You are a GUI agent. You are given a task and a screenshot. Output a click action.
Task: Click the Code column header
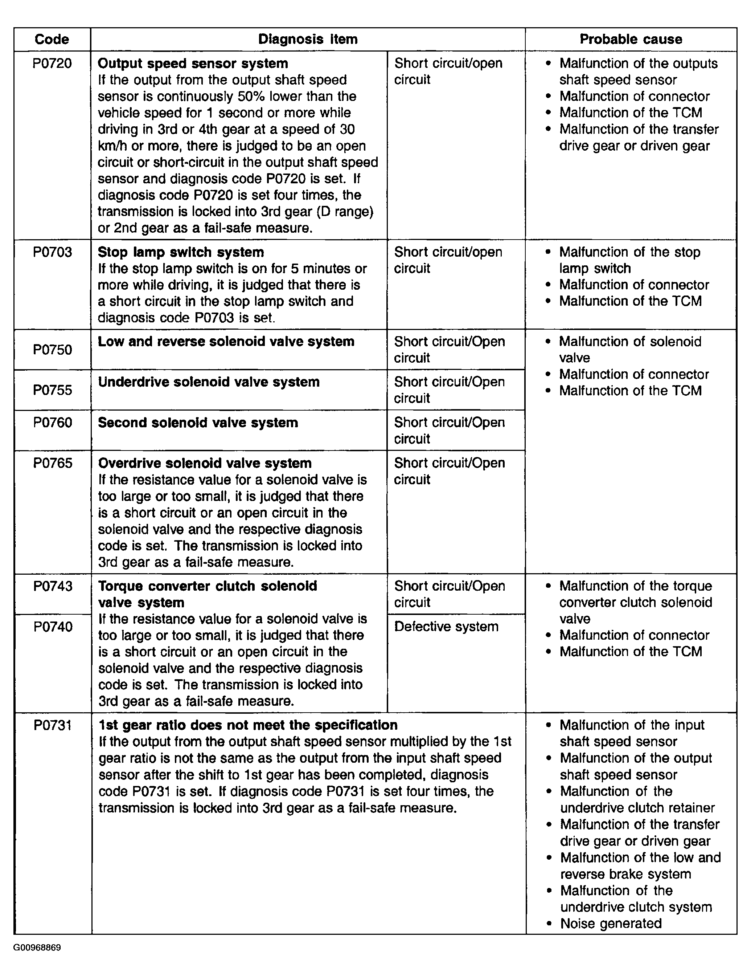pos(52,39)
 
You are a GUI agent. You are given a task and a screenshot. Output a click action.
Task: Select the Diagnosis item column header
pos(308,39)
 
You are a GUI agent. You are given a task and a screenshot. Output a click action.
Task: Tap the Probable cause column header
pos(631,39)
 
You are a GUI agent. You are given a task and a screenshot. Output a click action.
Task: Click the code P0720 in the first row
pos(52,64)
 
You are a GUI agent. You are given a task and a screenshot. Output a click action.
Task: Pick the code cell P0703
pos(52,252)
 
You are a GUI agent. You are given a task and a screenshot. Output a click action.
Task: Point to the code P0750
pos(52,350)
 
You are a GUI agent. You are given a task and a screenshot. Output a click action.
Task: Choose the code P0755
pos(52,390)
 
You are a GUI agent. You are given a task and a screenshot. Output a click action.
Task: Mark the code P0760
pos(52,423)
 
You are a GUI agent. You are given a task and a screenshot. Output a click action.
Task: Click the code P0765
pos(52,463)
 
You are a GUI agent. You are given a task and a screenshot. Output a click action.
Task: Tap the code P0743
pos(52,586)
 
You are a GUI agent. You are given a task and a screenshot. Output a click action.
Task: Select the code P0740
pos(52,627)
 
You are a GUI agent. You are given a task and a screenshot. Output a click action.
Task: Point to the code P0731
pos(52,725)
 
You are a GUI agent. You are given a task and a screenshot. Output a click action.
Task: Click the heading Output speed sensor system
pos(193,64)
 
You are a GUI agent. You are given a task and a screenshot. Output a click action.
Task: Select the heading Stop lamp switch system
pos(181,252)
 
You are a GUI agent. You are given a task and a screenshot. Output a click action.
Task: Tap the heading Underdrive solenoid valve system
pos(209,382)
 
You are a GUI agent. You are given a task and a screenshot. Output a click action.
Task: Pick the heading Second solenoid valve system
pos(198,423)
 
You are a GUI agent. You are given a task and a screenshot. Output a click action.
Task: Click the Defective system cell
pos(446,627)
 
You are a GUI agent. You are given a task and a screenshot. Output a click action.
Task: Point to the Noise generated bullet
pos(611,924)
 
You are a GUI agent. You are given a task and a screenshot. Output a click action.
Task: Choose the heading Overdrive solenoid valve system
pos(205,463)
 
